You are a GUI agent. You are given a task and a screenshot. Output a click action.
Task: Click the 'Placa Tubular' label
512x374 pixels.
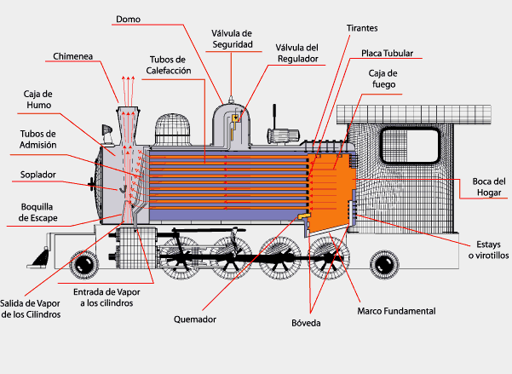(387, 53)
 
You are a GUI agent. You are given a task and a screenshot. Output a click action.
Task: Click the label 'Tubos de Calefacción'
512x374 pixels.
(168, 65)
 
